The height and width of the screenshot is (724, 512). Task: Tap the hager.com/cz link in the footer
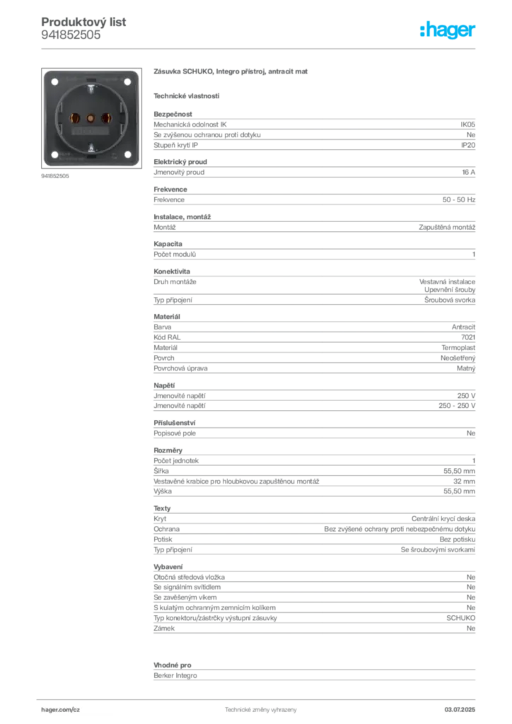61,708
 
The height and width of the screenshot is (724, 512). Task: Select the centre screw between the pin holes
91,118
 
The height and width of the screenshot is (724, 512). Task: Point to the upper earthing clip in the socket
91,90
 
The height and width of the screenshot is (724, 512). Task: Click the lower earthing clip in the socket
91,147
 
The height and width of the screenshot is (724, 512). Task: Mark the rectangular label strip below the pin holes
91,132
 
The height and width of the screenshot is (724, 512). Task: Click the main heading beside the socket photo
231,73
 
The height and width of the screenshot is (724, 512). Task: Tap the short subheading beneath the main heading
187,95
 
